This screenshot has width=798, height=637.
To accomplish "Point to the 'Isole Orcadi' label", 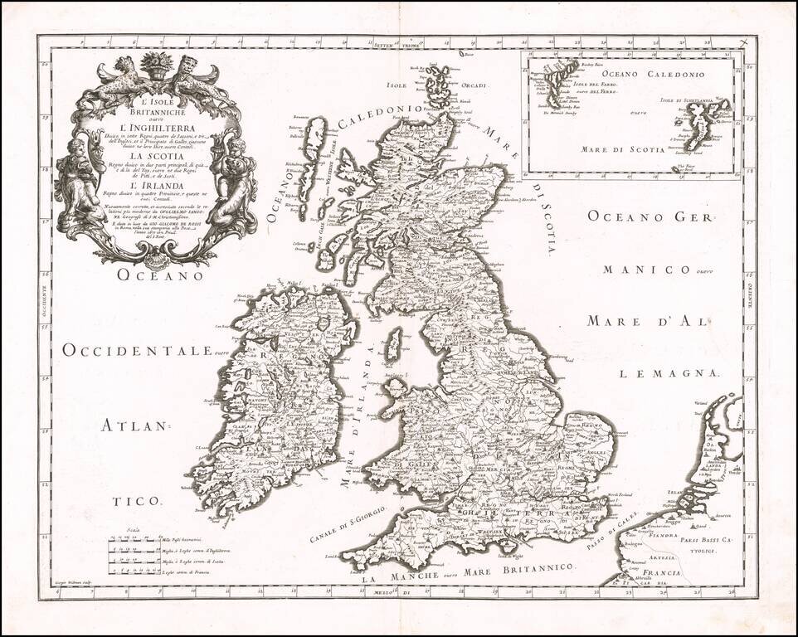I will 406,85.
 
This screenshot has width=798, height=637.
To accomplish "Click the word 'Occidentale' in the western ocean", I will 136,351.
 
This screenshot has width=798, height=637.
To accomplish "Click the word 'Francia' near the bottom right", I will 660,573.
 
